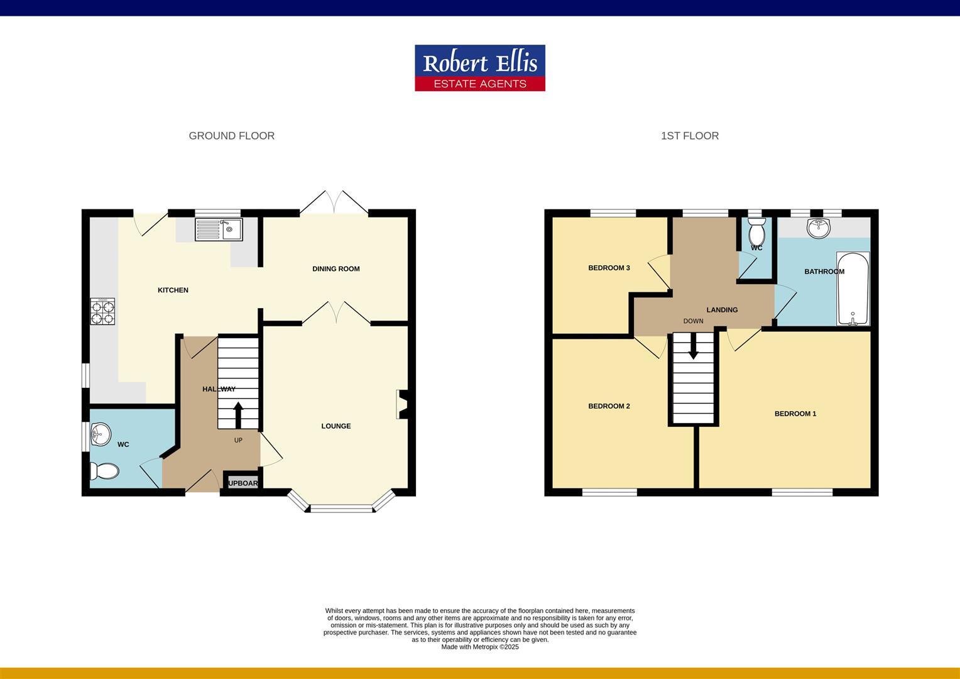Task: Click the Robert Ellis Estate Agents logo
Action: coord(479,67)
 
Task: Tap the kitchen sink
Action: coord(218,229)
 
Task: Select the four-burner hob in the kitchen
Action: coord(103,311)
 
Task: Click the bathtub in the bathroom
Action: coord(853,289)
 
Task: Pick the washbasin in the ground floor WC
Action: coord(100,433)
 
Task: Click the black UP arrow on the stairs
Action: coord(238,415)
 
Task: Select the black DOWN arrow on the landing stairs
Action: coord(693,346)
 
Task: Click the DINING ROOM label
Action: coord(336,269)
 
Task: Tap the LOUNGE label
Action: coord(336,426)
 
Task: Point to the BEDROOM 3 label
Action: coord(609,268)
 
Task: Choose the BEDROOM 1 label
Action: coord(795,414)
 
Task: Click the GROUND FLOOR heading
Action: coord(231,136)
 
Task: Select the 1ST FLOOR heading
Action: coord(689,136)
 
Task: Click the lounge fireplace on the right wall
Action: coord(401,404)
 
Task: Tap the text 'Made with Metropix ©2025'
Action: coord(480,647)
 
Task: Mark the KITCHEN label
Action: coord(173,290)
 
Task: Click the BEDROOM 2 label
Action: coord(609,406)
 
